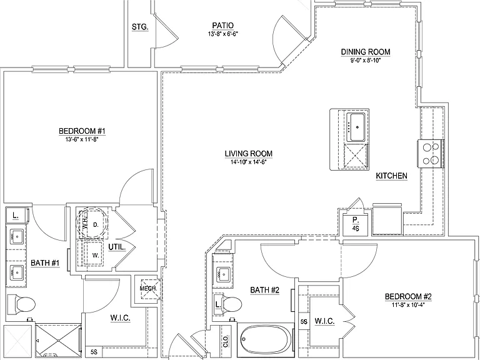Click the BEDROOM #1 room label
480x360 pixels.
(82, 131)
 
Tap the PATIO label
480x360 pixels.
(222, 26)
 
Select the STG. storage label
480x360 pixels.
(140, 27)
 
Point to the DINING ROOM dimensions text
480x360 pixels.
(365, 60)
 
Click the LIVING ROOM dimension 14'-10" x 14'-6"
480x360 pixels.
(249, 162)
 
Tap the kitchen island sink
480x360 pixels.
(357, 127)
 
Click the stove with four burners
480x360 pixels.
(431, 154)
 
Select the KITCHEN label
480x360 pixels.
(391, 176)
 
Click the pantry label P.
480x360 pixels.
(355, 220)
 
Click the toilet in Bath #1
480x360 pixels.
(21, 304)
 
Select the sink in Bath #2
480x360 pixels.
(223, 272)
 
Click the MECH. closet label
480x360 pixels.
(148, 288)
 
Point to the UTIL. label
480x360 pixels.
(117, 247)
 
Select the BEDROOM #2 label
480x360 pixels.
(407, 296)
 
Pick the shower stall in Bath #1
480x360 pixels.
(59, 341)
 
